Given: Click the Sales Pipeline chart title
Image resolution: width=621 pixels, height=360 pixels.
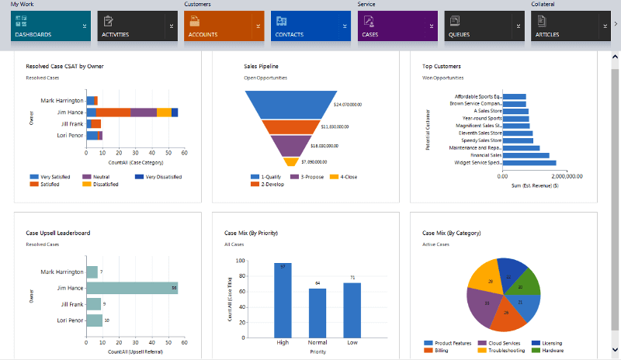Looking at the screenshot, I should point(262,67).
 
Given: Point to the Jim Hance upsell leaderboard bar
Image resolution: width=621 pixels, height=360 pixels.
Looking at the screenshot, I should point(132,288).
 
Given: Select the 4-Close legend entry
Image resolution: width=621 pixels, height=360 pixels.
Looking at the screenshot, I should point(346,177).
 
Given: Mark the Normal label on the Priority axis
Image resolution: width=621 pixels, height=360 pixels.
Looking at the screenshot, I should point(317,341).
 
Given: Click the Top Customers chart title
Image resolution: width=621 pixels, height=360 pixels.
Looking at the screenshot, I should point(442,67).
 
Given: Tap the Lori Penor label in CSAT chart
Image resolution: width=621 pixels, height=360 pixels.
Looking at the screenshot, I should point(69,136).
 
